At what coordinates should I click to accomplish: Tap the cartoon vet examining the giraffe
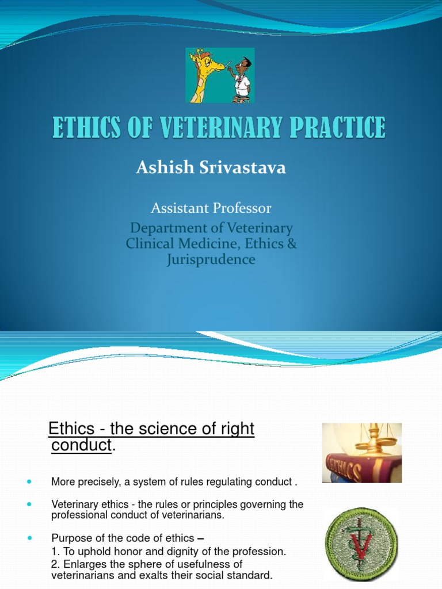click(x=241, y=78)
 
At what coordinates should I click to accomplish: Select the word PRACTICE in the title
click(x=337, y=128)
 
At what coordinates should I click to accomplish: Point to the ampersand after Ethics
click(x=292, y=243)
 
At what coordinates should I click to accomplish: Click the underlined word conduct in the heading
click(x=81, y=446)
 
